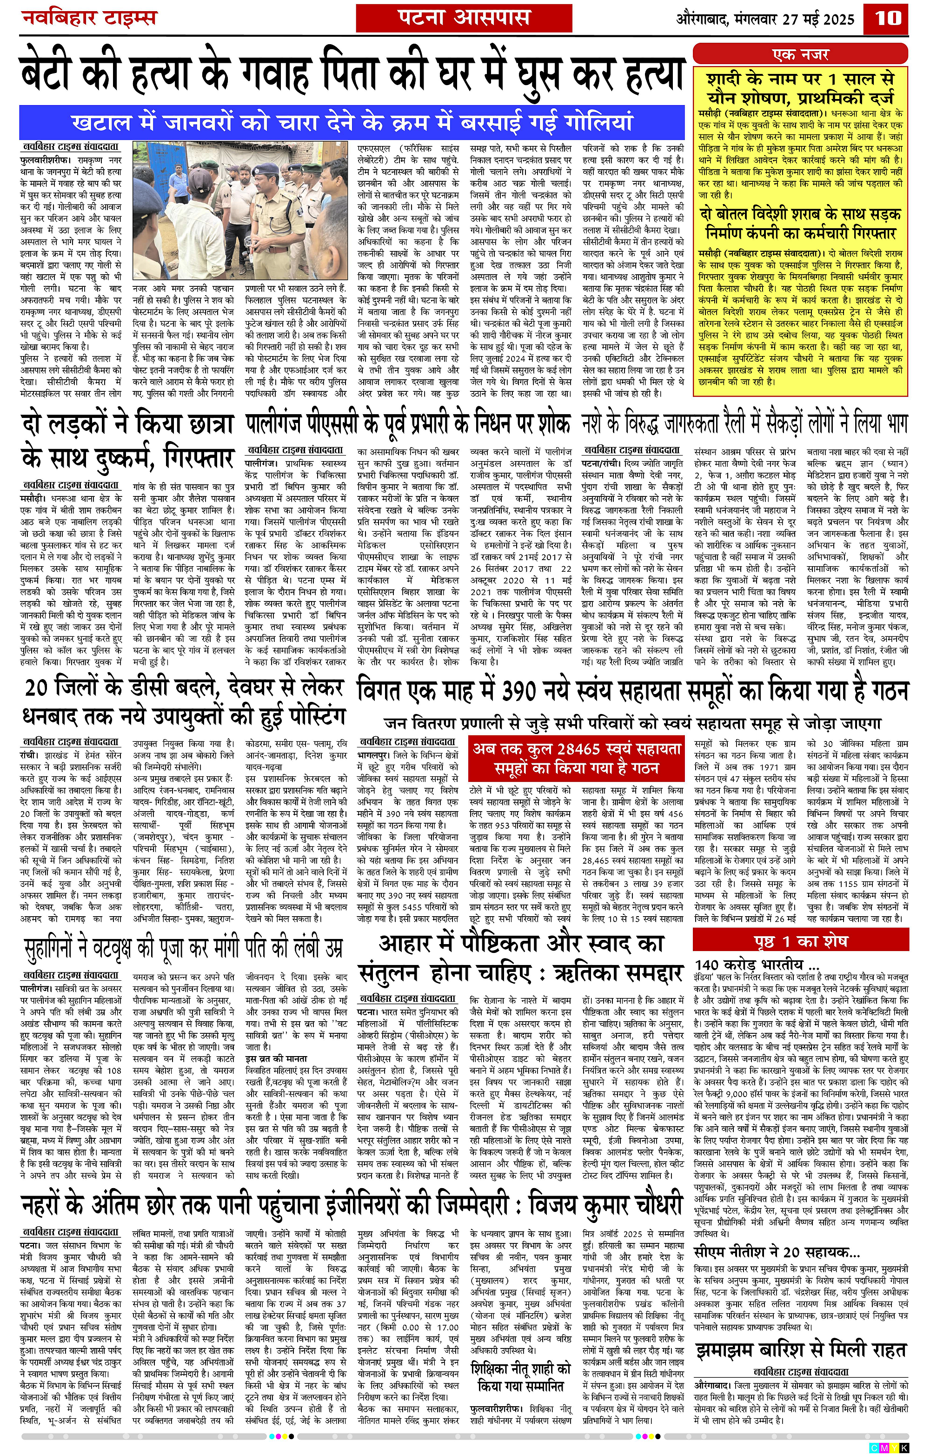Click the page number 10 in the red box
coord(888,18)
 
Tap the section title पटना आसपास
coord(463,18)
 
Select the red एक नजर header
coord(800,54)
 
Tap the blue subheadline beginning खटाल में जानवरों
coord(352,122)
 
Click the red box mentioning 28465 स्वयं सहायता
coord(578,758)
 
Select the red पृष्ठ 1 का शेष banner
coord(800,941)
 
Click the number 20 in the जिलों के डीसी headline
coord(38,688)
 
